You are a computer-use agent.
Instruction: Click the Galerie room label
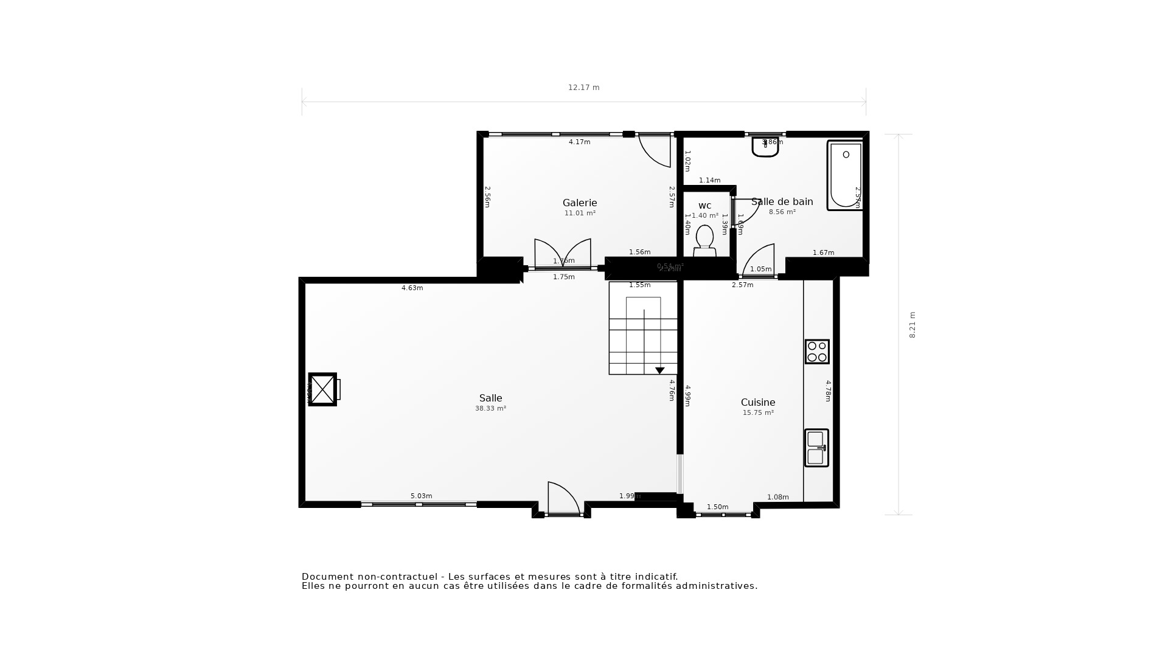pyautogui.click(x=579, y=203)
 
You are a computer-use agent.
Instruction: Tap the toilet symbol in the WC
pyautogui.click(x=704, y=239)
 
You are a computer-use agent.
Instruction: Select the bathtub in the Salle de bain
pyautogui.click(x=845, y=175)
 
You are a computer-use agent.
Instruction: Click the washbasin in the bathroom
pyautogui.click(x=765, y=147)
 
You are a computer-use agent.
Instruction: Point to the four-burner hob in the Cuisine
pyautogui.click(x=817, y=352)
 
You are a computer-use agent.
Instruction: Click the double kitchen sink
pyautogui.click(x=816, y=448)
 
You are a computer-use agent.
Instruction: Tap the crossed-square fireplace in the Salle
pyautogui.click(x=322, y=389)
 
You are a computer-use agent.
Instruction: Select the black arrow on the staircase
pyautogui.click(x=659, y=370)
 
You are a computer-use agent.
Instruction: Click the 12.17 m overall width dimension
pyautogui.click(x=583, y=88)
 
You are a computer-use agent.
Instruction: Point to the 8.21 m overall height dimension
pyautogui.click(x=912, y=325)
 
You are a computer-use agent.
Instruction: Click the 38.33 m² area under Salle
pyautogui.click(x=490, y=409)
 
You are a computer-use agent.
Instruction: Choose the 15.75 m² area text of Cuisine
pyautogui.click(x=758, y=413)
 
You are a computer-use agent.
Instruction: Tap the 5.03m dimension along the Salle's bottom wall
pyautogui.click(x=421, y=496)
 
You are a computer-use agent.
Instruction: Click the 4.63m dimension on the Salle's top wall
pyautogui.click(x=412, y=288)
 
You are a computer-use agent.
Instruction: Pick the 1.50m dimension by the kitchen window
pyautogui.click(x=717, y=507)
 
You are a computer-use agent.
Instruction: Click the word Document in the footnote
pyautogui.click(x=327, y=577)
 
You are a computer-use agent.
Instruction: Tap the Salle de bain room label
pyautogui.click(x=782, y=202)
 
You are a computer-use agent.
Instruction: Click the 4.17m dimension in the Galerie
pyautogui.click(x=579, y=142)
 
